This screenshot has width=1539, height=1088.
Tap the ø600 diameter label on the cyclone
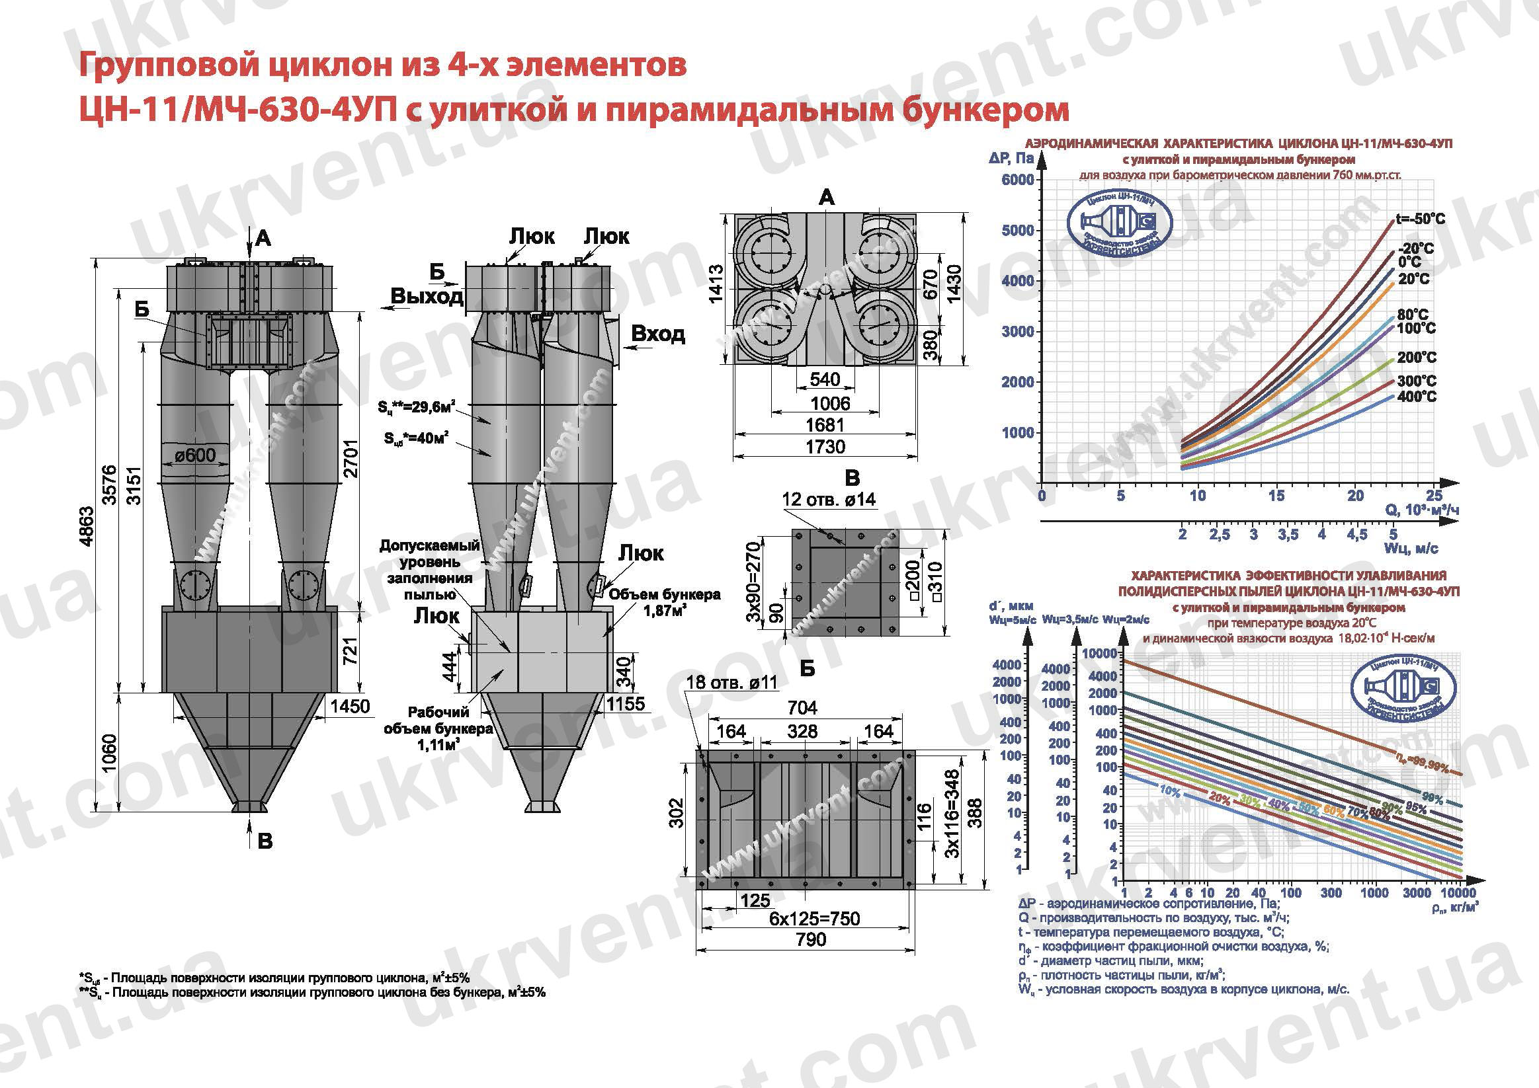coord(195,455)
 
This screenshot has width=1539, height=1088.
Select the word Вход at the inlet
coord(657,334)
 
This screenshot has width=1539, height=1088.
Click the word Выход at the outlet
coord(427,296)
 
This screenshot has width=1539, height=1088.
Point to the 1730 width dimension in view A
coord(825,447)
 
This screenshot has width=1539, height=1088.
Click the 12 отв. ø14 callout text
coord(829,499)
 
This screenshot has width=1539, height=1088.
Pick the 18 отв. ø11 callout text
coord(731,683)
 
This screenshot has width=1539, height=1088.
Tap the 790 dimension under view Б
coord(810,939)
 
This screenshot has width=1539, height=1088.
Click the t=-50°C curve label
coord(1421,219)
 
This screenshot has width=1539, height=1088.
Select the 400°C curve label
coord(1417,397)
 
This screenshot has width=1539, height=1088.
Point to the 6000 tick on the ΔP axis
coord(1017,180)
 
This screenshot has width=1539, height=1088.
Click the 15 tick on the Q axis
coord(1276,496)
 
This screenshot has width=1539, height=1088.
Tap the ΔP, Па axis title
coord(1011,158)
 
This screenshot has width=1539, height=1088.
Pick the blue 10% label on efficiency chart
coord(1170,791)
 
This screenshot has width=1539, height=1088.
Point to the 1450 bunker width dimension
coord(350,706)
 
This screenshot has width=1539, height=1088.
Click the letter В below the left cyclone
coord(265,841)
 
